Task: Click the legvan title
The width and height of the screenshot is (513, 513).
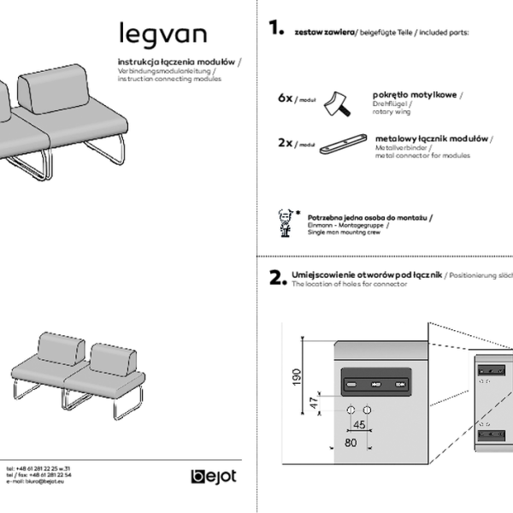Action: [162, 33]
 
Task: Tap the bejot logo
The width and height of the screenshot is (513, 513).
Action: [213, 476]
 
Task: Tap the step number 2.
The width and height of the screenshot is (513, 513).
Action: [276, 278]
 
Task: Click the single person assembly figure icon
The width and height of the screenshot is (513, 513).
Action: [286, 221]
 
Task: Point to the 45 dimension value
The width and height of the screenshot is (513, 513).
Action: [360, 424]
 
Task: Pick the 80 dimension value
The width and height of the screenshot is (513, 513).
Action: [351, 443]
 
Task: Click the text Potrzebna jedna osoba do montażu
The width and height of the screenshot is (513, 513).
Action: [367, 218]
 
